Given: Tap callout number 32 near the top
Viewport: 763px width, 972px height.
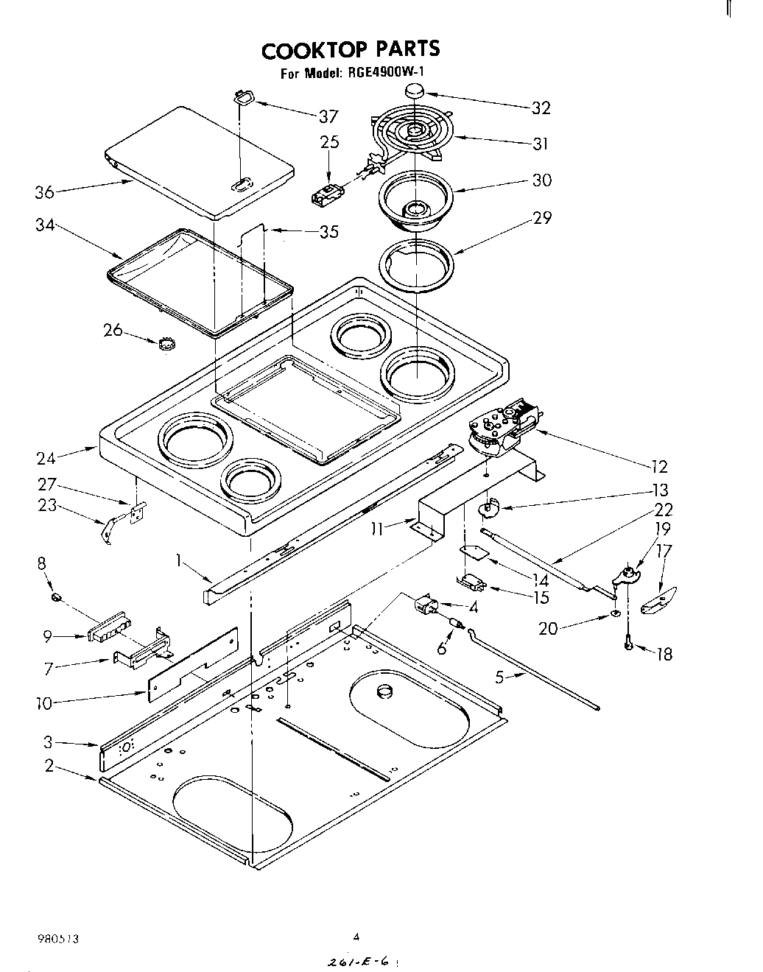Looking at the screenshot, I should pyautogui.click(x=541, y=108).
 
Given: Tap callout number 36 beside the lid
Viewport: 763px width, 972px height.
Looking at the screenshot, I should pyautogui.click(x=44, y=193).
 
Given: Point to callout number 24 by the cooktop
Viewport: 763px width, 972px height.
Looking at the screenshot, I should pyautogui.click(x=46, y=458).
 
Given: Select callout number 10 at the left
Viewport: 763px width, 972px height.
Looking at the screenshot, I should pyautogui.click(x=44, y=703).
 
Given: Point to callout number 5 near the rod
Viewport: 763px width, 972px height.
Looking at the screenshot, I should pyautogui.click(x=500, y=677).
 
